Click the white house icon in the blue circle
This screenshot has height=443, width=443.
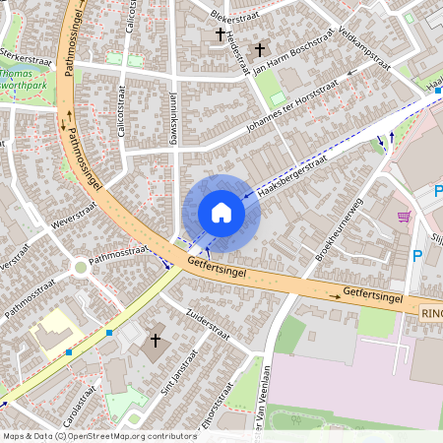221,213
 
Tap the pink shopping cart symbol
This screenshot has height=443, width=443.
404,217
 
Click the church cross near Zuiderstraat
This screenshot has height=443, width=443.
155,340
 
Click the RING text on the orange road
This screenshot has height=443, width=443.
431,313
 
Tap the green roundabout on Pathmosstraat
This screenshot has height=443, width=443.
80,267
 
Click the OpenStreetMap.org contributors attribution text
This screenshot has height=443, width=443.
128,435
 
